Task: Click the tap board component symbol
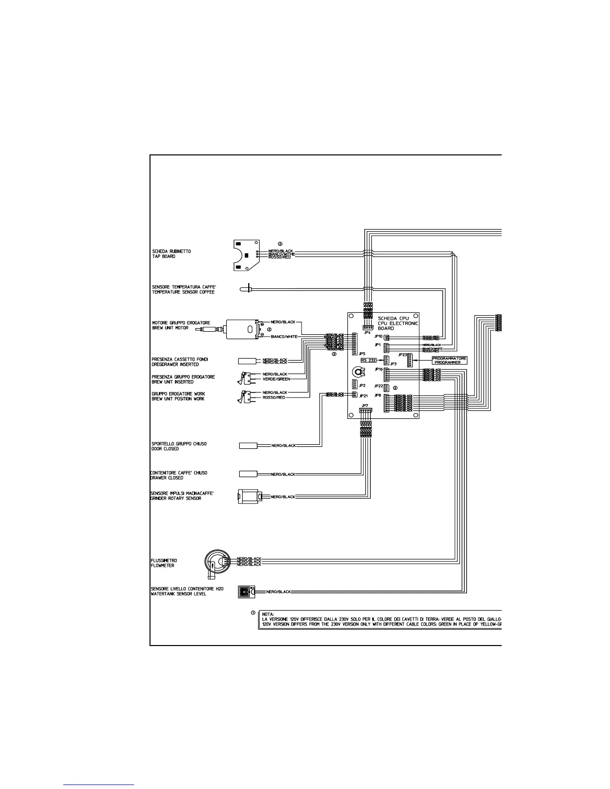(x=246, y=255)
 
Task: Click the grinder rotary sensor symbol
(x=248, y=497)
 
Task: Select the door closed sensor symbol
(x=248, y=445)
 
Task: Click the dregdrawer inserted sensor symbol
(x=247, y=361)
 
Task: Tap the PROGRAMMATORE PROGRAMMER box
(x=450, y=360)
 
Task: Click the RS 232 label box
(x=369, y=359)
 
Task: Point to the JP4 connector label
(x=368, y=332)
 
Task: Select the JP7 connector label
(x=365, y=405)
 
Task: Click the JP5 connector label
(x=362, y=353)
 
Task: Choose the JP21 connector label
(x=363, y=395)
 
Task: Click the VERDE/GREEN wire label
(x=277, y=379)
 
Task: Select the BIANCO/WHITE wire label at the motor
(x=284, y=337)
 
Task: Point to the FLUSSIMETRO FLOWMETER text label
(x=163, y=563)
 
